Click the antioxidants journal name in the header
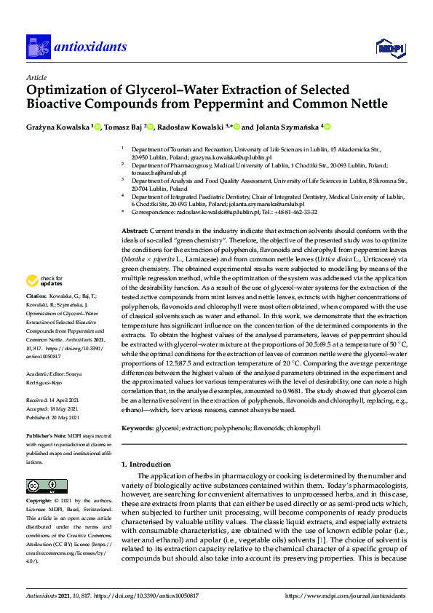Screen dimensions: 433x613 pos(90,47)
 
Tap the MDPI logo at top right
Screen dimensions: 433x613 pos(389,48)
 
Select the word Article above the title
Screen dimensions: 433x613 pos(36,78)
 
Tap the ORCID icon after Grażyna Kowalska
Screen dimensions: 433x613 pos(97,127)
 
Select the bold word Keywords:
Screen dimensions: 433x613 pos(138,429)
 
